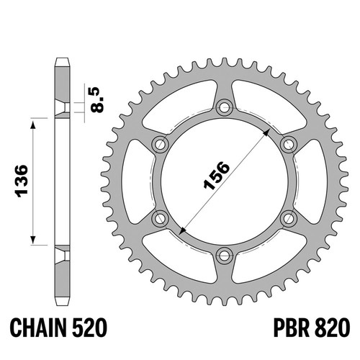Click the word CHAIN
tap(38, 328)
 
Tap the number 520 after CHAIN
tap(89, 328)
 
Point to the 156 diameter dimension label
tap(216, 176)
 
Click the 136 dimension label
tap(22, 181)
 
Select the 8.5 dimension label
tap(98, 99)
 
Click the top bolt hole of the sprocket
tap(225, 107)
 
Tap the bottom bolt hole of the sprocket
tap(225, 256)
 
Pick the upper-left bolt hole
tap(160, 144)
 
